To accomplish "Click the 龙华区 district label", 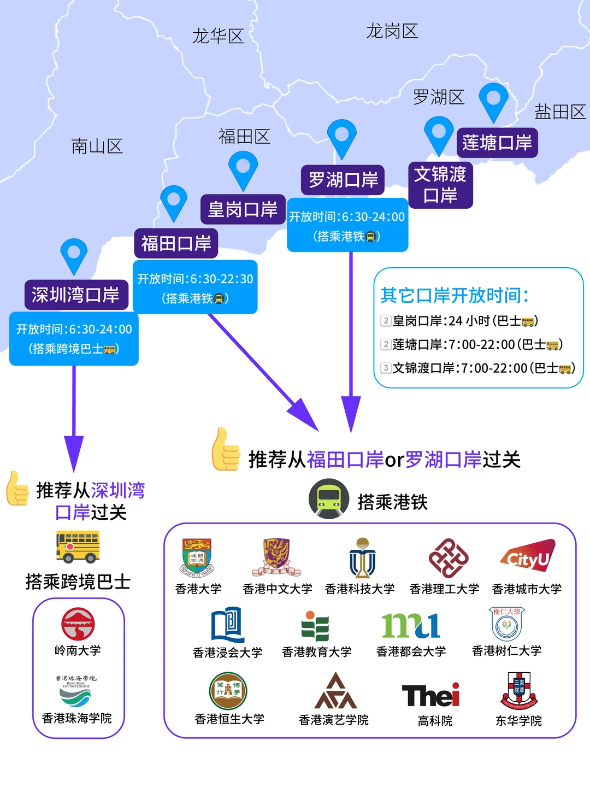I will (x=217, y=37).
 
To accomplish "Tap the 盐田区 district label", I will (x=560, y=112).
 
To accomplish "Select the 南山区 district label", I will (x=97, y=146).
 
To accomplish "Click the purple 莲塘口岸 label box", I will (x=497, y=143).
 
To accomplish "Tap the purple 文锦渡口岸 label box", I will (x=440, y=185).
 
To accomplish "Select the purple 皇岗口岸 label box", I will (x=243, y=209).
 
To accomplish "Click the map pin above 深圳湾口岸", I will (x=74, y=255).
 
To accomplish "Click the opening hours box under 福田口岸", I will (x=195, y=287).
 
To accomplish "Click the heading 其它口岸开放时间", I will (x=455, y=296).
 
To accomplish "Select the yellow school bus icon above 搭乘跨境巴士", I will (x=78, y=546).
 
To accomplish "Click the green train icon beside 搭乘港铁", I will (x=329, y=498).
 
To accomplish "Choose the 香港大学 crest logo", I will (x=198, y=557).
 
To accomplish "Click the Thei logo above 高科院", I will (x=431, y=696).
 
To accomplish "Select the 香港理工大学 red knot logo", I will (x=448, y=558).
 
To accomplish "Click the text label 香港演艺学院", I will (x=333, y=720).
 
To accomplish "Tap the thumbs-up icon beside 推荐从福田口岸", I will (x=226, y=450).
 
